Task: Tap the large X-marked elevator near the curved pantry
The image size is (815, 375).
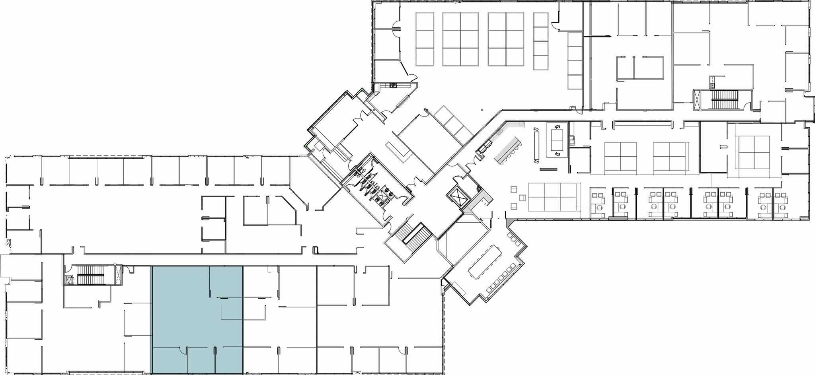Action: tap(458, 195)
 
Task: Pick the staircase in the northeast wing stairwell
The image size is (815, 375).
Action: tap(724, 100)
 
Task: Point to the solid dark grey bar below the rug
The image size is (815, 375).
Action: tap(548, 169)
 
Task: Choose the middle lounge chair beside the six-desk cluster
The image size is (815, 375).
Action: tap(522, 198)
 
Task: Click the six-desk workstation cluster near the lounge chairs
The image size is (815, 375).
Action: tap(552, 197)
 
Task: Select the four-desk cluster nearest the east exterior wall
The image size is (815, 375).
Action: tap(754, 152)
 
